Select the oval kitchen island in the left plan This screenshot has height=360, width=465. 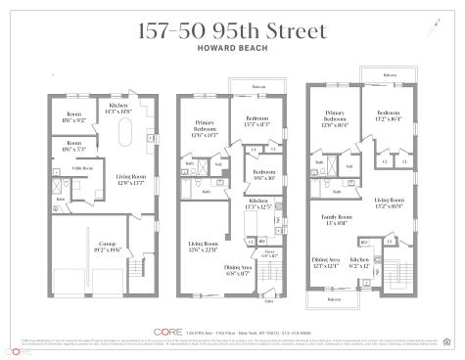tap(124, 132)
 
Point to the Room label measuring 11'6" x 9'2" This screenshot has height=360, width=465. tap(76, 115)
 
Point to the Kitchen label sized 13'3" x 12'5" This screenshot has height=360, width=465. tap(257, 204)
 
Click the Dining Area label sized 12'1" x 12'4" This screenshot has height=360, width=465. tap(326, 262)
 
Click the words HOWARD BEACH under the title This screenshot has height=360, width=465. tap(232, 45)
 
